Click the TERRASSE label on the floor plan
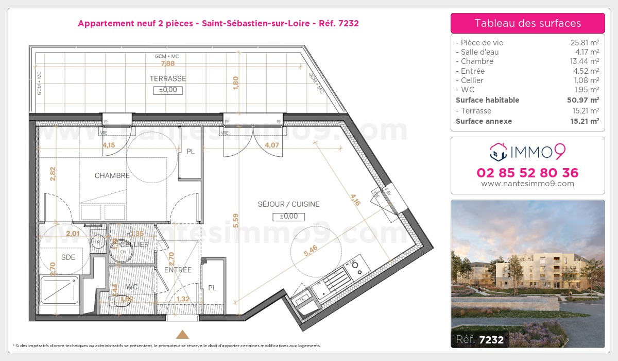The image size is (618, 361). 168,79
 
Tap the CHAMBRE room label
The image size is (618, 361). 112,176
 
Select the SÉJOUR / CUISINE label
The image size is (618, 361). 288,204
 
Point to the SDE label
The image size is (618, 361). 68,257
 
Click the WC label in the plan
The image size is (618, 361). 132,287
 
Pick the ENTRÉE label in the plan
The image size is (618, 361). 178,270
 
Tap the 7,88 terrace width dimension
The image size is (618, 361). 168,63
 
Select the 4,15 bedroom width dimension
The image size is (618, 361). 109,145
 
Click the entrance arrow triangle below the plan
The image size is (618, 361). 183,334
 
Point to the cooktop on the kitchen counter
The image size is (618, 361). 355,267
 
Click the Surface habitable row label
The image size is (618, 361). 487,100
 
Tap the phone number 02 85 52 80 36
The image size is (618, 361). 527,173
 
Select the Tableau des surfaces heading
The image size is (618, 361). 527,23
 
